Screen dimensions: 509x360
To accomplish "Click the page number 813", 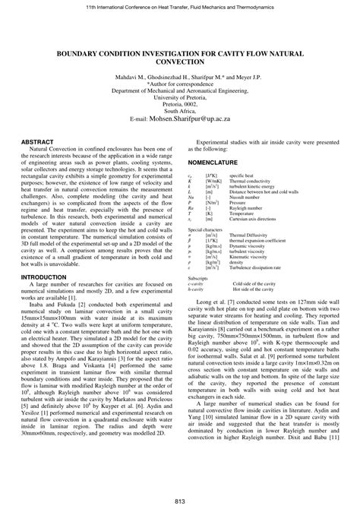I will (x=180, y=498).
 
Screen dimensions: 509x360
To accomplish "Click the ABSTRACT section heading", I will (x=39, y=142).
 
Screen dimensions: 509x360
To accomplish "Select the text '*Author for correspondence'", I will (x=180, y=82).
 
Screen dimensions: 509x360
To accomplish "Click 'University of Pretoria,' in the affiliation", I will (x=180, y=97).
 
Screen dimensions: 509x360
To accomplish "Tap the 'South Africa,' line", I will (x=180, y=112).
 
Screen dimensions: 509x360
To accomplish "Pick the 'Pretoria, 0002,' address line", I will (x=180, y=104).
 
